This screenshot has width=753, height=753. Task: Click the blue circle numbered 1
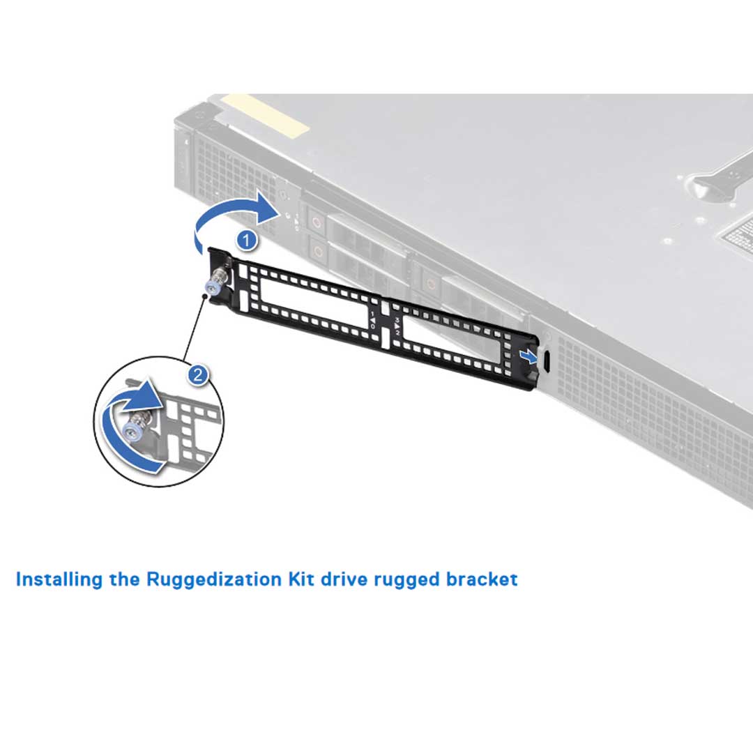point(246,241)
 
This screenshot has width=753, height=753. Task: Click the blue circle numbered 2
point(198,375)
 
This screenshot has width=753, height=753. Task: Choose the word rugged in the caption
point(412,579)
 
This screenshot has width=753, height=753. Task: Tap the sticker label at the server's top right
point(739,234)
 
